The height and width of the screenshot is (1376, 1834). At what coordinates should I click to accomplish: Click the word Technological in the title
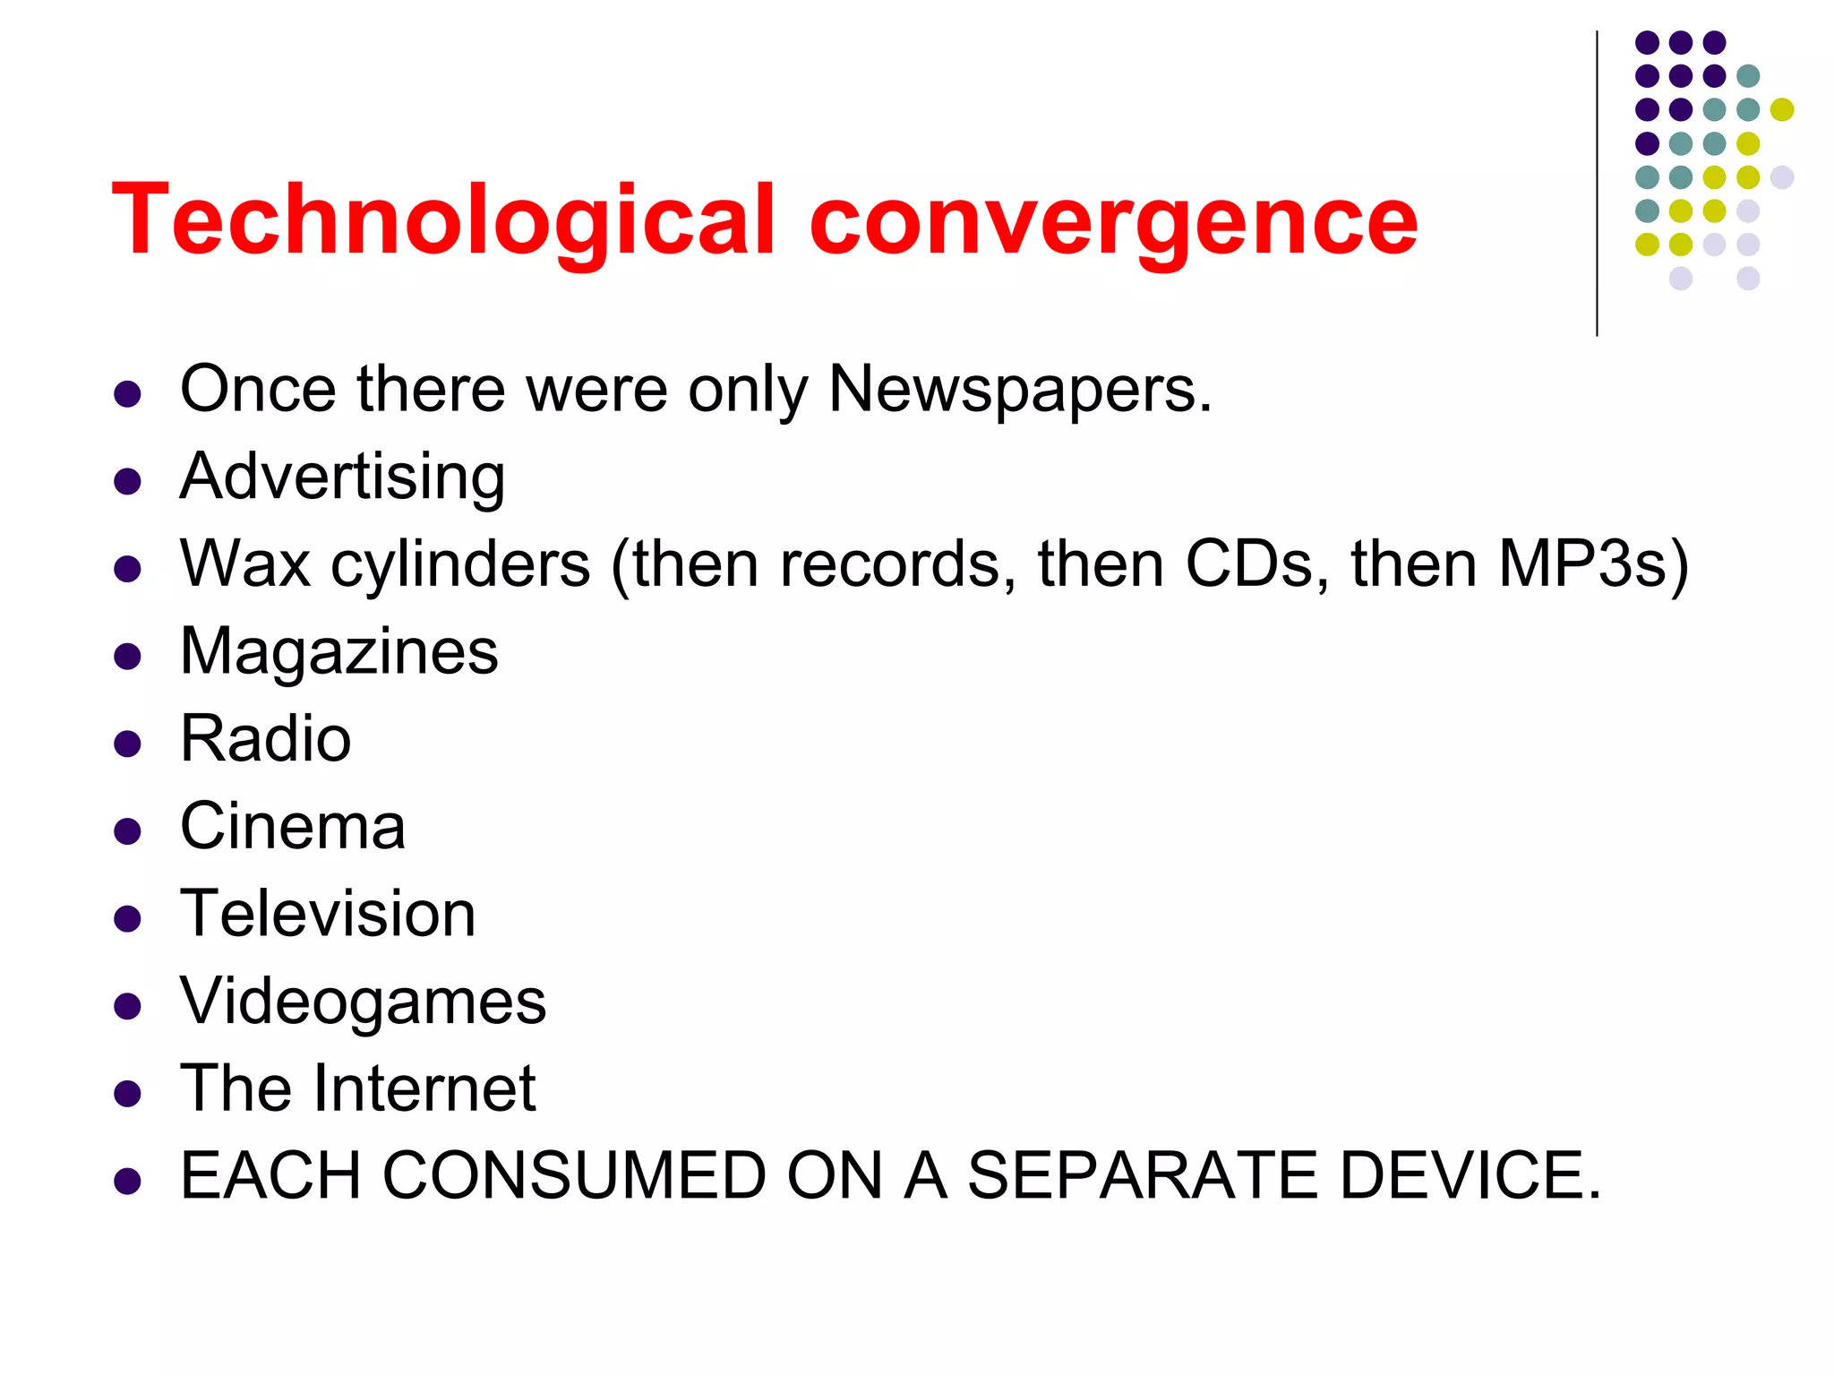click(443, 221)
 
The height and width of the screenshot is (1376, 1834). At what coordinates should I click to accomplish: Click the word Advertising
click(342, 477)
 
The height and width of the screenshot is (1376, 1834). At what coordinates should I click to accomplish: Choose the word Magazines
click(339, 651)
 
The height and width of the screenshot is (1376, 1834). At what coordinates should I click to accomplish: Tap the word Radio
click(265, 739)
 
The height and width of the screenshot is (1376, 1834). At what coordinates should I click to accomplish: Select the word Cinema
click(292, 826)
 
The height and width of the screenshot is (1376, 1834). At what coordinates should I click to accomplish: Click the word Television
click(328, 914)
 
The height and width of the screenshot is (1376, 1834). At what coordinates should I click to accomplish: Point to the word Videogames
click(363, 1001)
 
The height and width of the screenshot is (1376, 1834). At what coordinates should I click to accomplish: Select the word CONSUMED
click(574, 1175)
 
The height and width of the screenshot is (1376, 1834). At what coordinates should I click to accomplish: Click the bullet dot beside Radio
click(128, 744)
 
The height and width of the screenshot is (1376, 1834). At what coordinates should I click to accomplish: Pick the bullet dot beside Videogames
click(128, 1006)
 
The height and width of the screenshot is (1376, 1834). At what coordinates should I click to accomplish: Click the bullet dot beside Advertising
click(128, 482)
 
